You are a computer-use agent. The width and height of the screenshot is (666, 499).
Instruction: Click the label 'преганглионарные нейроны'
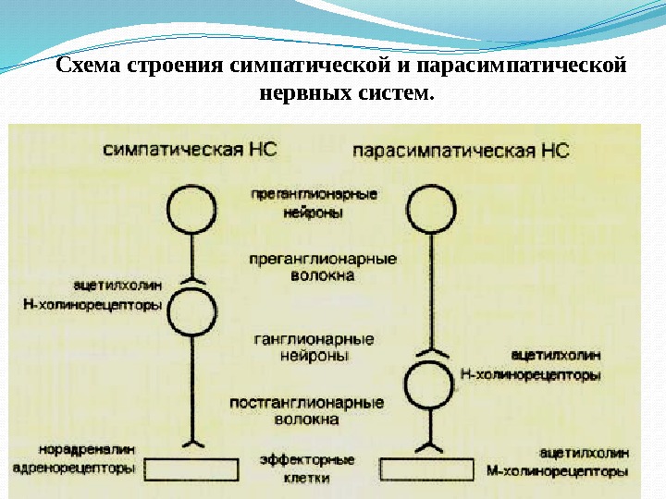pos(314,203)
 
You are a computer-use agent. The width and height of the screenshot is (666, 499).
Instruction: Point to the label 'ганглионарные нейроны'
pos(314,347)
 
